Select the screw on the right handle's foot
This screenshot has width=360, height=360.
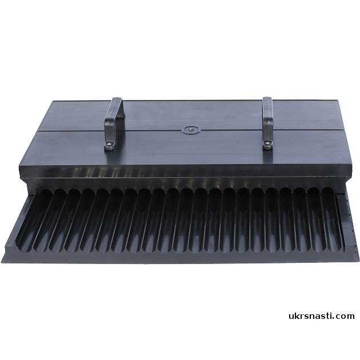pyautogui.click(x=267, y=143)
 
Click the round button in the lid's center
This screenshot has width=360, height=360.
pyautogui.click(x=191, y=130)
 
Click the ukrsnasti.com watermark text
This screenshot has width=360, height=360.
pyautogui.click(x=321, y=316)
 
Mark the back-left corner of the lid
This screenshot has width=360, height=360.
pyautogui.click(x=53, y=101)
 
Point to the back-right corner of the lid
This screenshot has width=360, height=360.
pyautogui.click(x=338, y=100)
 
